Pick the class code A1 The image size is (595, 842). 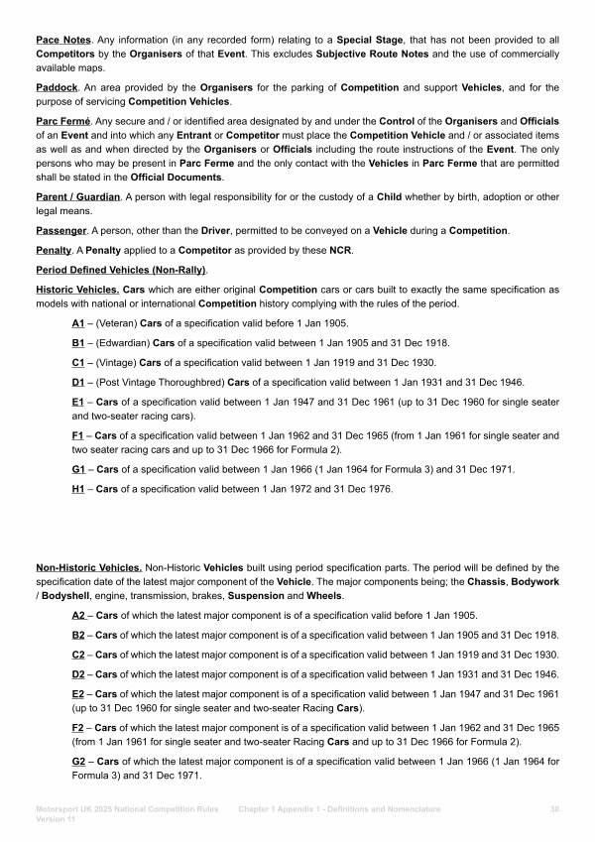click(78, 324)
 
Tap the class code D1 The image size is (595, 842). click(78, 383)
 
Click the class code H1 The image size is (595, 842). click(78, 489)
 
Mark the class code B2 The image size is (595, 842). click(78, 635)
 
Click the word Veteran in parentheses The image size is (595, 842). click(124, 324)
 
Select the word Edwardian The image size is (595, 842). click(127, 343)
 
